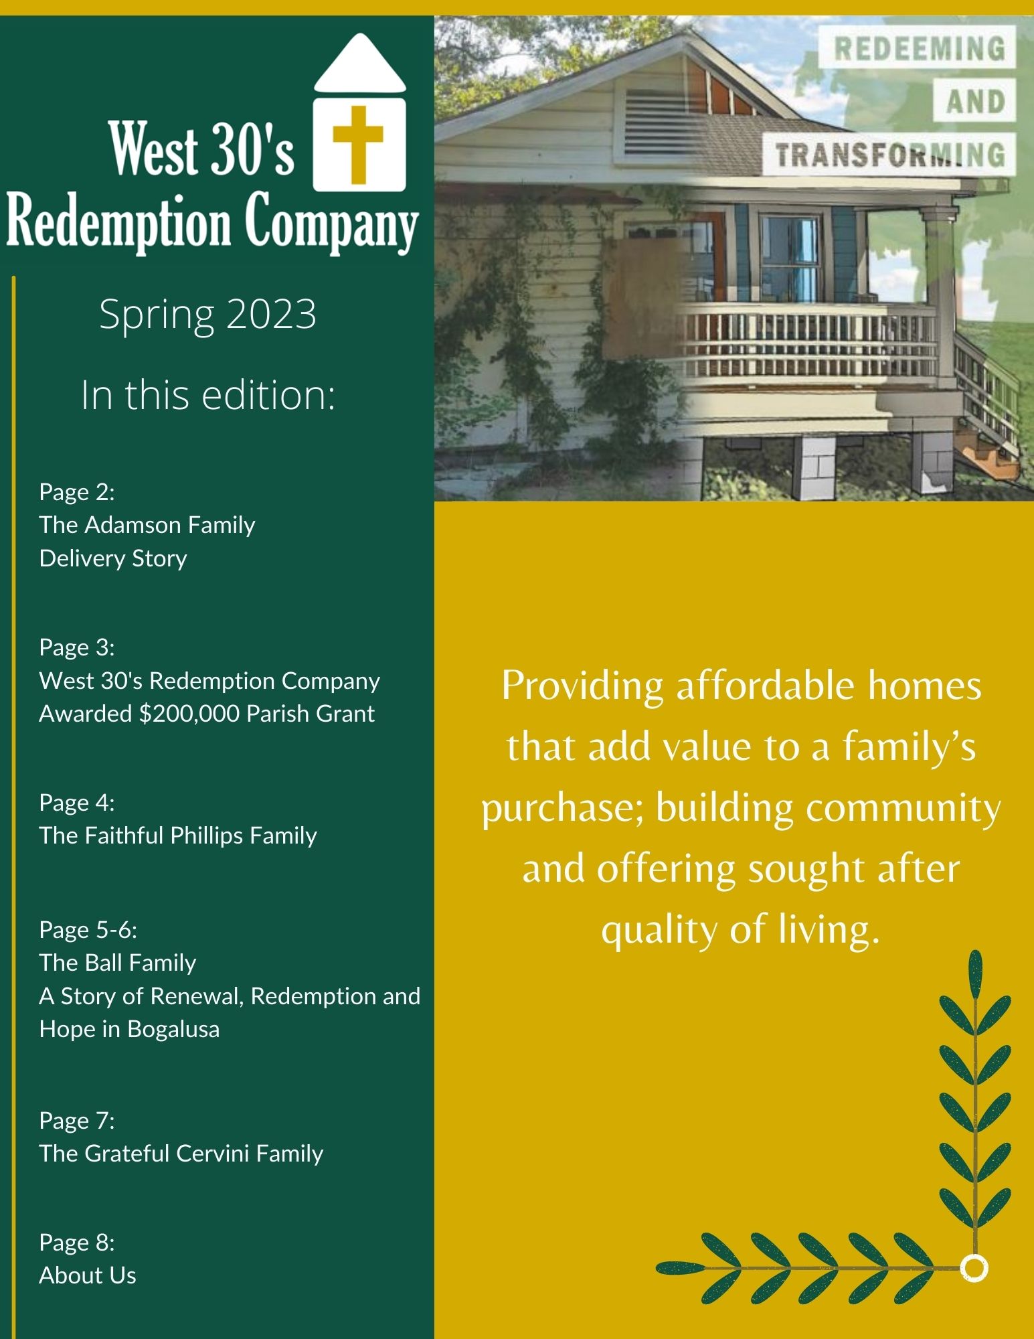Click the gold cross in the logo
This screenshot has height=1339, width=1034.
(358, 144)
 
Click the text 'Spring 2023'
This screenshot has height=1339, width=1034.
(207, 315)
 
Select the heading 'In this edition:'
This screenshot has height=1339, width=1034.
(207, 395)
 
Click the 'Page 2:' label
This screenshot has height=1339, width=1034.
(77, 492)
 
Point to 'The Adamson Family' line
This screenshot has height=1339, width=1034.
(147, 525)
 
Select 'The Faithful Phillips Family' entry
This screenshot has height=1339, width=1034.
(178, 836)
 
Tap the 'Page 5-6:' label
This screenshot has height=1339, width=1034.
(88, 930)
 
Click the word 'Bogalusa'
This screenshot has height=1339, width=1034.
(173, 1029)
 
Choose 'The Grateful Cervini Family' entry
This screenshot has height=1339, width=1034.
(181, 1154)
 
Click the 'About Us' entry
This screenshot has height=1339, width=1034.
(88, 1275)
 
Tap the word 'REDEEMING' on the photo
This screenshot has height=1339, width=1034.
(920, 49)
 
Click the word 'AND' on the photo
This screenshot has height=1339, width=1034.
(975, 102)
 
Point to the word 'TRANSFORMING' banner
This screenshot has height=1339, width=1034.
(890, 155)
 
